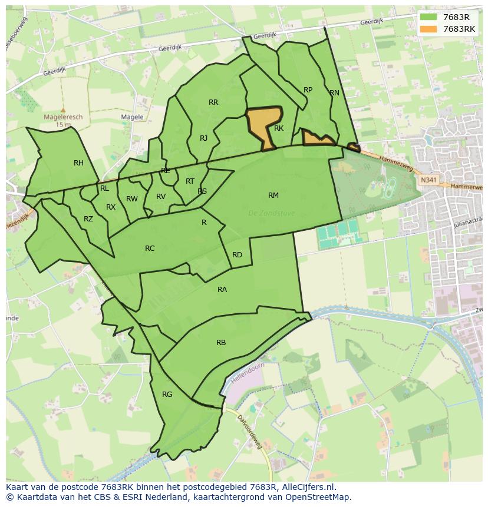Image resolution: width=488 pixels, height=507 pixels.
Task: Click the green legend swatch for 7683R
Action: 429,16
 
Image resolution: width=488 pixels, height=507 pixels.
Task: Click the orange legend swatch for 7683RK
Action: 429,29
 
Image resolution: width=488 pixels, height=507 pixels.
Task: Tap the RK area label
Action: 279,128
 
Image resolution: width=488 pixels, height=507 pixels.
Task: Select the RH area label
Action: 78,163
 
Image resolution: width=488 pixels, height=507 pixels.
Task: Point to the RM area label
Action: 273,195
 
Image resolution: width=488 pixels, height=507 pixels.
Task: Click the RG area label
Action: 167,395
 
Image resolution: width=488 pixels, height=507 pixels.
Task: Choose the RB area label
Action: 221,343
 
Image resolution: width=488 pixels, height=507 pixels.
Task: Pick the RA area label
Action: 222,290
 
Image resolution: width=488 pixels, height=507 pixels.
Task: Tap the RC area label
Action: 150,248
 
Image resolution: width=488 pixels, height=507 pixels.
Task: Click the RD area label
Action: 237,255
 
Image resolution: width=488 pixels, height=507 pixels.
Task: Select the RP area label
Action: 308,90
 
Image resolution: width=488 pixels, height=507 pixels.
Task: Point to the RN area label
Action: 334,93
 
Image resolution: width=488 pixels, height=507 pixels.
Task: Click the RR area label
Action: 213,102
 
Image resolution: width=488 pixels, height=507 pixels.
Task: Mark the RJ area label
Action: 203,138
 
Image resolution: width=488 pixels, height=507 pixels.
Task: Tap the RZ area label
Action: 88,219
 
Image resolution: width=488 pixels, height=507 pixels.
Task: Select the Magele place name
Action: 132,117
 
